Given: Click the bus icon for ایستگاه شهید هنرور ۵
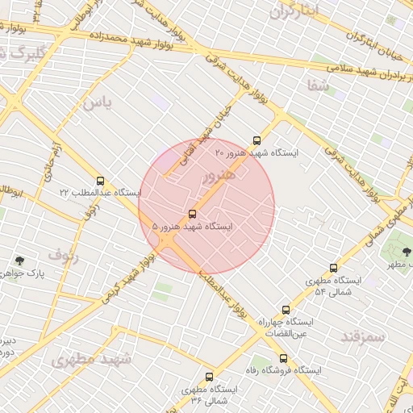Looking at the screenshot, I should click(192, 215).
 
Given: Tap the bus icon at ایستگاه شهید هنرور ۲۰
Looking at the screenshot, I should click(257, 140).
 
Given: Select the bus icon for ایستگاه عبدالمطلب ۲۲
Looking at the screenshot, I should click(100, 181).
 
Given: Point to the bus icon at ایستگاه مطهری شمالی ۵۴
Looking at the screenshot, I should click(333, 268).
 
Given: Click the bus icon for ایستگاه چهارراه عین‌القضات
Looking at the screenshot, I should click(286, 309).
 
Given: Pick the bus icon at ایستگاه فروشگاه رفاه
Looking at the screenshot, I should click(283, 358).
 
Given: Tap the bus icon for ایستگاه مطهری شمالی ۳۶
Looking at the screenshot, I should click(210, 377).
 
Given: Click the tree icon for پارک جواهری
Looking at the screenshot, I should click(19, 261).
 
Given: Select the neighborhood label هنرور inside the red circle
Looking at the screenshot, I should click(219, 175).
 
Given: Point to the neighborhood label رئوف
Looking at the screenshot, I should click(64, 255).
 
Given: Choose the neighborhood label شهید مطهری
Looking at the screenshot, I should click(90, 359).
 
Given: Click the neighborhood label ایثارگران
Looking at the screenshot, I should click(294, 11).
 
